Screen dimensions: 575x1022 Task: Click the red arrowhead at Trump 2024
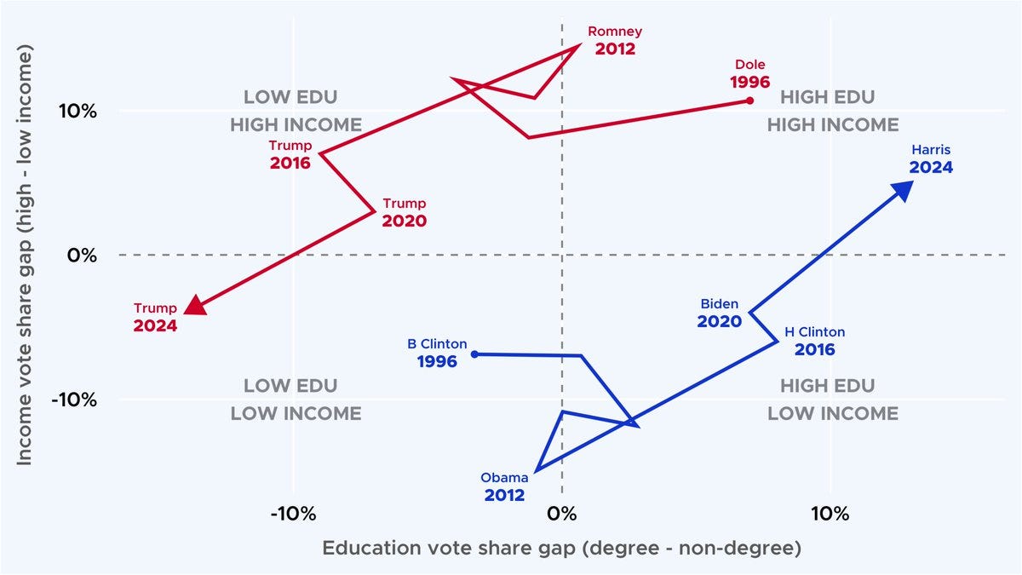click(195, 305)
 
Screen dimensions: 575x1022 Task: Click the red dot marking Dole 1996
click(749, 101)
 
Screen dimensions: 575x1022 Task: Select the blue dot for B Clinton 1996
click(474, 354)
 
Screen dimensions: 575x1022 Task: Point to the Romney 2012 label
click(615, 41)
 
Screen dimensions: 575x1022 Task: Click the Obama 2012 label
click(505, 486)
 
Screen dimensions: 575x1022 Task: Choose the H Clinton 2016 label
click(814, 341)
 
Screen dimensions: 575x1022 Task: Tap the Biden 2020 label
click(720, 313)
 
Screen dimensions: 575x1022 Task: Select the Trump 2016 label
click(290, 154)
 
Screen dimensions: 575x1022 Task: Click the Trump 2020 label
click(404, 212)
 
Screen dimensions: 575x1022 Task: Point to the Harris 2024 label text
click(931, 159)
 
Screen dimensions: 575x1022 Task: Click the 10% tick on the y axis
click(77, 111)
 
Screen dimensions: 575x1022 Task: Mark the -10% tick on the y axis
click(74, 400)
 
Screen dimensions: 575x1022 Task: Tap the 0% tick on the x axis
click(561, 515)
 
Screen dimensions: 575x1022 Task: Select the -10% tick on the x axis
click(294, 515)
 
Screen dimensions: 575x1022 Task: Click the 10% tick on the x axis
click(830, 515)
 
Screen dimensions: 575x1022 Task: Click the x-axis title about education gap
click(561, 549)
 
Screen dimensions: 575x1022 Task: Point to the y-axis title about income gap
click(25, 256)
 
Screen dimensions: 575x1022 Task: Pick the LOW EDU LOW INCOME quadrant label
click(296, 400)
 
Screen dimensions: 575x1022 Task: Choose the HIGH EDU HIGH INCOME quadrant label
click(832, 111)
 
